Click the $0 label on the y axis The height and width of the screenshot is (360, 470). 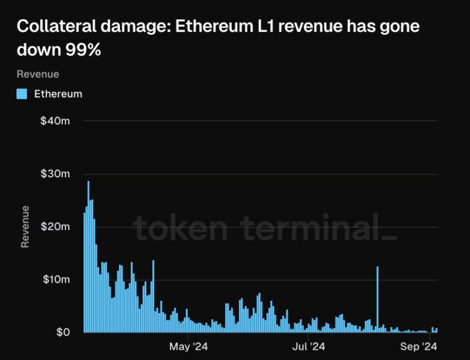(x=64, y=332)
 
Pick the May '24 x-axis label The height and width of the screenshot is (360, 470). (x=188, y=347)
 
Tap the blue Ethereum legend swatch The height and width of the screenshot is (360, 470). (x=22, y=94)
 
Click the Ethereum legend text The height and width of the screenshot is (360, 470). (x=58, y=94)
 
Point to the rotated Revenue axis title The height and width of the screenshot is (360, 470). (x=25, y=227)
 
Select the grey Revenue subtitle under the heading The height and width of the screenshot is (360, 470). (x=38, y=74)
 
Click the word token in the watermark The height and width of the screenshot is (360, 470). (x=180, y=227)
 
